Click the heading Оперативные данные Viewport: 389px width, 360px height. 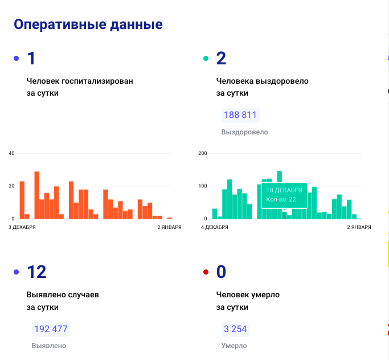pyautogui.click(x=88, y=24)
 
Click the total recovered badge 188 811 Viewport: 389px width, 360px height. pyautogui.click(x=240, y=115)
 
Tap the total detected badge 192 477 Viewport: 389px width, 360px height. pyautogui.click(x=51, y=329)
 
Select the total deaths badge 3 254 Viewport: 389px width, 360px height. pyautogui.click(x=235, y=329)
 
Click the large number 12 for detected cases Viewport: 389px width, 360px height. pyautogui.click(x=36, y=272)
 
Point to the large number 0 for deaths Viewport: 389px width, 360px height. pyautogui.click(x=221, y=272)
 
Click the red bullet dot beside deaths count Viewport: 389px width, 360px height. pyautogui.click(x=206, y=272)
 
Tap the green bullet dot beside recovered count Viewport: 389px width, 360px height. pyautogui.click(x=206, y=59)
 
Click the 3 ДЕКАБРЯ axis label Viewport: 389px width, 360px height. pyautogui.click(x=22, y=227)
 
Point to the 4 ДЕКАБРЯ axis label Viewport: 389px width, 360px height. pyautogui.click(x=215, y=227)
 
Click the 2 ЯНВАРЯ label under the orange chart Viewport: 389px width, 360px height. pyautogui.click(x=169, y=227)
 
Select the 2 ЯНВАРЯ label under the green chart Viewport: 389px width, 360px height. pyautogui.click(x=358, y=227)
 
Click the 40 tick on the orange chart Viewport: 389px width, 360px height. pyautogui.click(x=11, y=153)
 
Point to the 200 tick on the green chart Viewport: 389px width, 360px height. pyautogui.click(x=203, y=153)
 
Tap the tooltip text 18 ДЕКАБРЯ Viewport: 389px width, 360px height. pyautogui.click(x=284, y=190)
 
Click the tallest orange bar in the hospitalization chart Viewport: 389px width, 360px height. pyautogui.click(x=37, y=195)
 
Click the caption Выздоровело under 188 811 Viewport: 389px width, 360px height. pyautogui.click(x=244, y=132)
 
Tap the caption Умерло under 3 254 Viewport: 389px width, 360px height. pyautogui.click(x=234, y=346)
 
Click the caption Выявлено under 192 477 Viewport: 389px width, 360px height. pyautogui.click(x=49, y=346)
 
